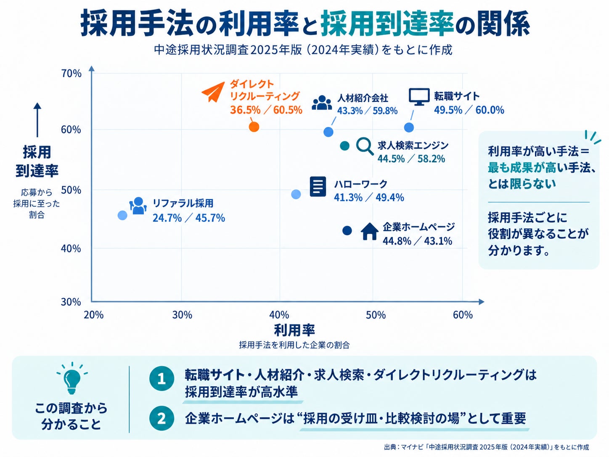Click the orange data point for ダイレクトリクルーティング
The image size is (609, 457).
[x=254, y=127]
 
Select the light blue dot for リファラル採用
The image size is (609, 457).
[x=122, y=215]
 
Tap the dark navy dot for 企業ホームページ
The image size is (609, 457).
[x=347, y=230]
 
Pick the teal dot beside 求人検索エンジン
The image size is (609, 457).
[x=344, y=146]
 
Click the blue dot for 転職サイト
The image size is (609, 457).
[x=409, y=128]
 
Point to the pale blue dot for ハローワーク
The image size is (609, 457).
[x=296, y=194]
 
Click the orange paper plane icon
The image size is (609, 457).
[x=213, y=92]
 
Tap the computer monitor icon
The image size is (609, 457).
[x=419, y=97]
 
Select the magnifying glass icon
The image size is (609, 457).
[x=365, y=146]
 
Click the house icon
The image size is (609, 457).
[x=370, y=231]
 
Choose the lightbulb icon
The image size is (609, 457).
[x=72, y=378]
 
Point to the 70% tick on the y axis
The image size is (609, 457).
[x=71, y=74]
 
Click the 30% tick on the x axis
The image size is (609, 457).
[x=182, y=315]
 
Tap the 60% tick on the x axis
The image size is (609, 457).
[x=463, y=315]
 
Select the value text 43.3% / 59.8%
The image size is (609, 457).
[x=367, y=111]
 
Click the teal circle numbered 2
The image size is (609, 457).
[x=162, y=418]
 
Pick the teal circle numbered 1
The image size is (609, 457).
[x=162, y=379]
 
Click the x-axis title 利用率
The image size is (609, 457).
[x=294, y=330]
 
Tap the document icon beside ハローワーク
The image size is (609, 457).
[x=318, y=186]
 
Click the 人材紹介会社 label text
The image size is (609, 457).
[x=363, y=98]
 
